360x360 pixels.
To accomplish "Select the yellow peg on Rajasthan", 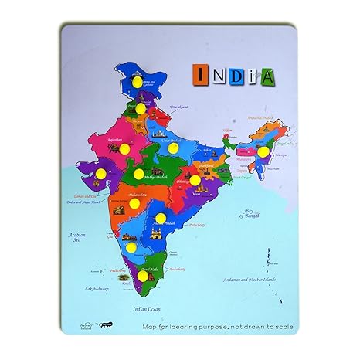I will pos(124,148).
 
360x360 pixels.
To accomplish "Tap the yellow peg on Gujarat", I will pos(101,173).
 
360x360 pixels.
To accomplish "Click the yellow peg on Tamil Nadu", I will pos(144,275).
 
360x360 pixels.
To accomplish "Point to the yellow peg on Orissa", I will pos(195,180).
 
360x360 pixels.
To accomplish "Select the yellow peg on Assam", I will pos(263,152).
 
